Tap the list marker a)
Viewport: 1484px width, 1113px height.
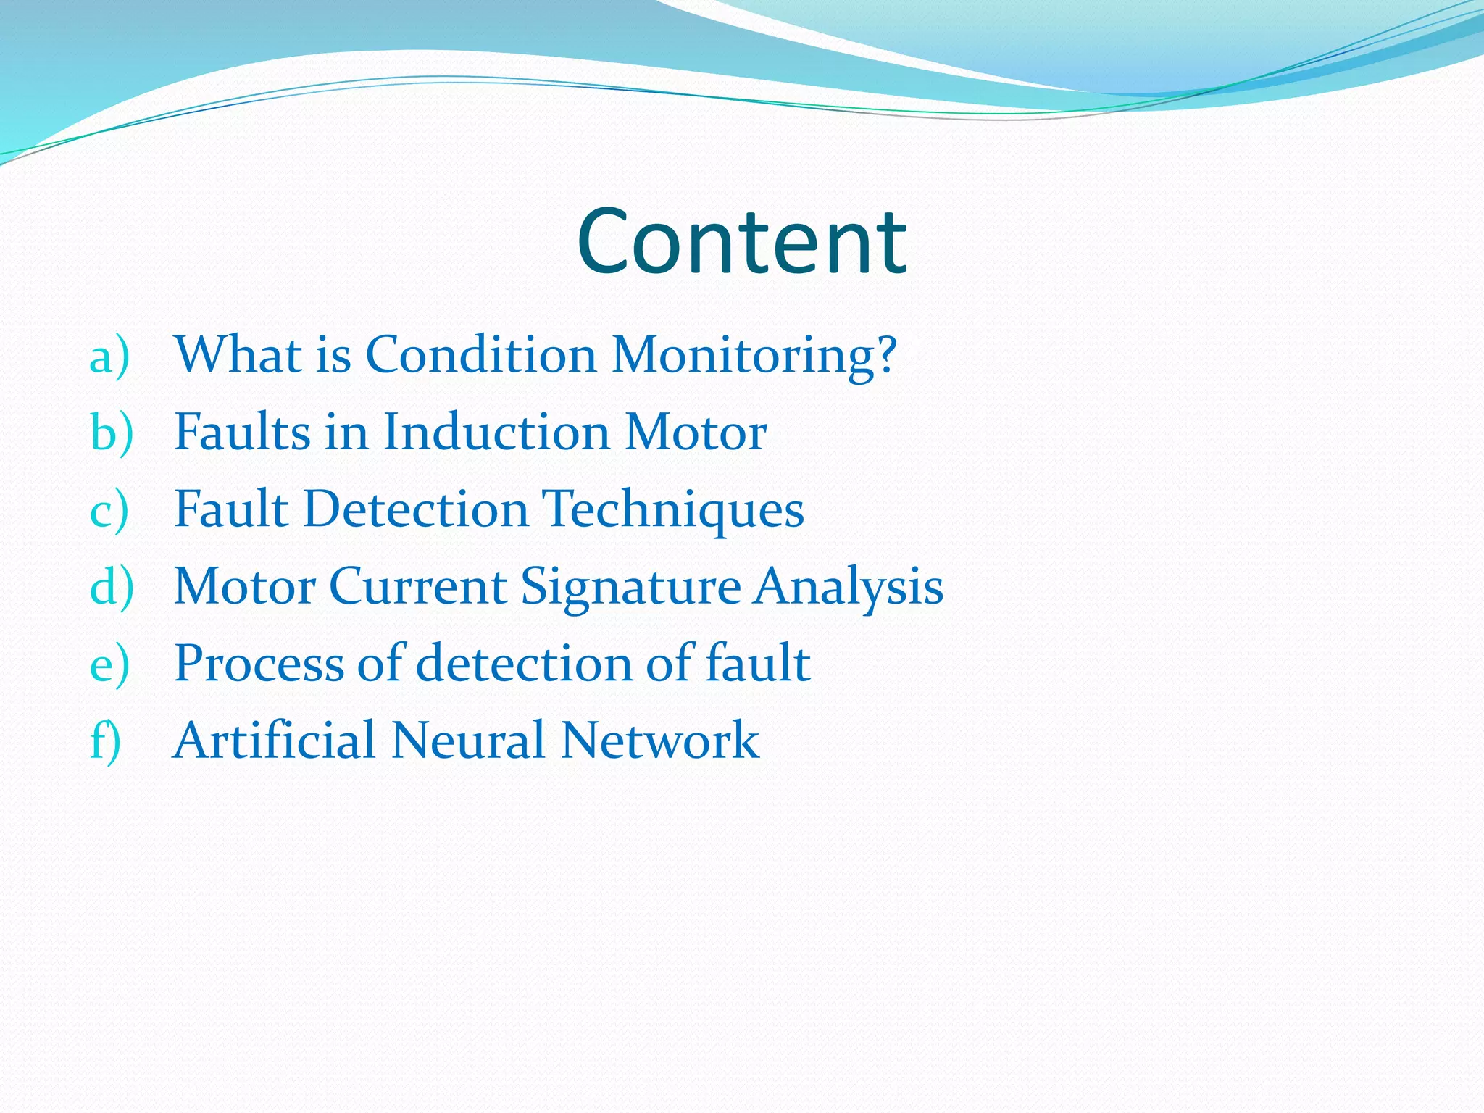tap(109, 357)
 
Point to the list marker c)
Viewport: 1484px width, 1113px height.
tap(109, 511)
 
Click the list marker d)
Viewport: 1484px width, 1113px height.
tap(112, 588)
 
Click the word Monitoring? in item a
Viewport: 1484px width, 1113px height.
tap(754, 356)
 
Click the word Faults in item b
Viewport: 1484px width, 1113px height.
tap(243, 433)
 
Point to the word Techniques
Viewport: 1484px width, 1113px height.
tap(673, 511)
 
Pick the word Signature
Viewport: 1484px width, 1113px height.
tap(630, 588)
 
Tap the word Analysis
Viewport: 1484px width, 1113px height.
tap(849, 588)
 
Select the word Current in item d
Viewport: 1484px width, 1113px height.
tap(418, 586)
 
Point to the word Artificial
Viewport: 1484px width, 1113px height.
tap(275, 741)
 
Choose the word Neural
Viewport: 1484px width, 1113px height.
tap(468, 741)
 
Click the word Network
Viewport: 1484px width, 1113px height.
tap(660, 741)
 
